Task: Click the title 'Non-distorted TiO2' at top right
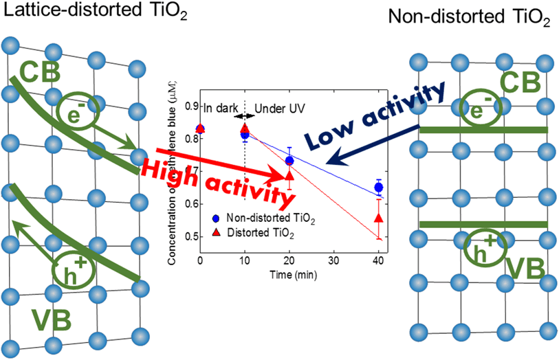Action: point(469,18)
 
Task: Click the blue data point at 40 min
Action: point(378,188)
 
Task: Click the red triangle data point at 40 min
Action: point(378,218)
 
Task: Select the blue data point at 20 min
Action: point(289,161)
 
